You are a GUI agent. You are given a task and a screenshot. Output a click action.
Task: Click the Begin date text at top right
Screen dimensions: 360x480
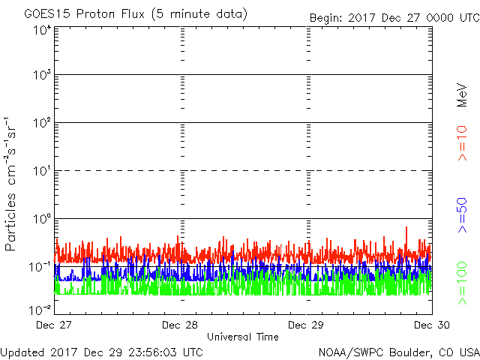point(394,16)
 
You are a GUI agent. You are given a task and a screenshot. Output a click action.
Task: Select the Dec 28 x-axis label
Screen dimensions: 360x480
point(181,325)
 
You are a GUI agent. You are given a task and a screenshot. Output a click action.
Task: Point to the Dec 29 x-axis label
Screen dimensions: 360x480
point(307,325)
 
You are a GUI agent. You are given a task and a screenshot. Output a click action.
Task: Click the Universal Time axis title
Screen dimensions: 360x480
point(243,337)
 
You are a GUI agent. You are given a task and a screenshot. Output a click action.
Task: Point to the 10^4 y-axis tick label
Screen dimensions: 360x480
point(41,30)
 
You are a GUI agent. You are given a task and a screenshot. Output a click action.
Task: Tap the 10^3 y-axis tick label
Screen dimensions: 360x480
point(41,76)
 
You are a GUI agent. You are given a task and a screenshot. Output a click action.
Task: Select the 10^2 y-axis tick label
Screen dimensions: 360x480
point(41,123)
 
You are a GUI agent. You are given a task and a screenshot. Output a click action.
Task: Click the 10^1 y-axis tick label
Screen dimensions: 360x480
point(41,171)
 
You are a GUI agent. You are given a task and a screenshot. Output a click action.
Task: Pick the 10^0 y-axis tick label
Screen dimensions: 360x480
point(41,219)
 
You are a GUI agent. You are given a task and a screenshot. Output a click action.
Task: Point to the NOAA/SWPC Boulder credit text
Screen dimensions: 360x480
point(398,351)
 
